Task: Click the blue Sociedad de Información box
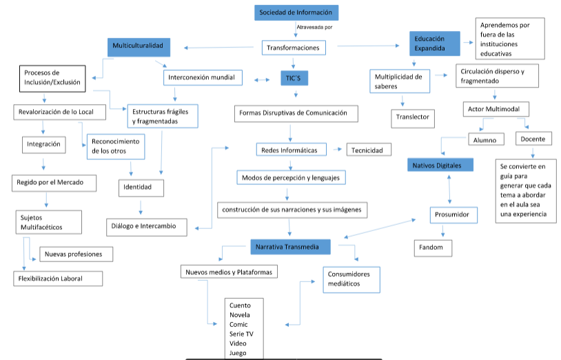point(296,12)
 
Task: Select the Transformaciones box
point(294,48)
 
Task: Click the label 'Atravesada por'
point(315,28)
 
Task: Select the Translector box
point(413,117)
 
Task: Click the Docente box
point(533,139)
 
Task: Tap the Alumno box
point(485,140)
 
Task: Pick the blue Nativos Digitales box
point(440,165)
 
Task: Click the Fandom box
point(432,248)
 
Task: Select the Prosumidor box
point(452,215)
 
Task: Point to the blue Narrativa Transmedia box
point(289,246)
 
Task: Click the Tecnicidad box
point(370,150)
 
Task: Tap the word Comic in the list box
point(238,324)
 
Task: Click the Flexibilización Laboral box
point(59,278)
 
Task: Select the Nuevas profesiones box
point(75,254)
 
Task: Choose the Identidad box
point(143,187)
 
